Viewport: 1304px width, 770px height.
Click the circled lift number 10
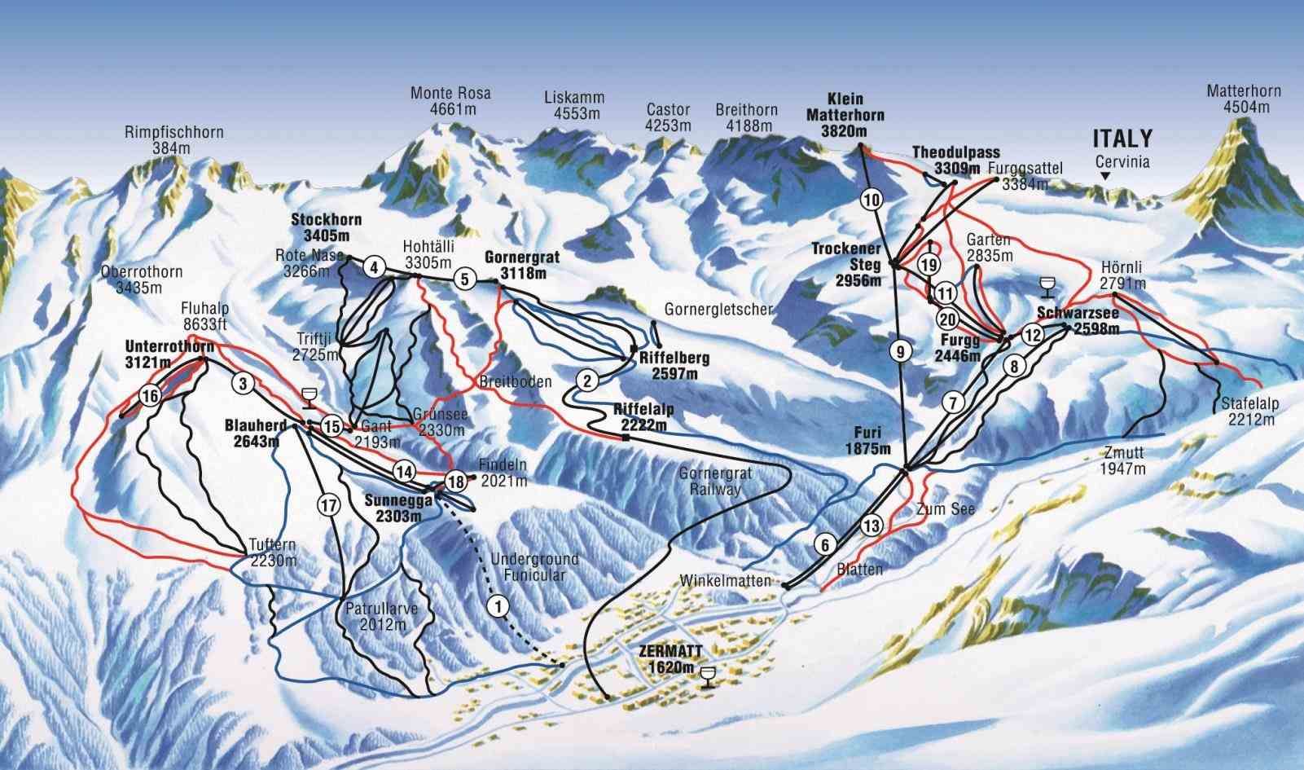(x=871, y=199)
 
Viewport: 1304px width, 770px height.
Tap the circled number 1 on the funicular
(x=498, y=605)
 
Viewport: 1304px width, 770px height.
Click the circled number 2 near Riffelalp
(x=587, y=379)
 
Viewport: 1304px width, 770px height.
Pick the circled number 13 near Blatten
(x=872, y=526)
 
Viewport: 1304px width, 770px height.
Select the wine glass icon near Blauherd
(x=310, y=398)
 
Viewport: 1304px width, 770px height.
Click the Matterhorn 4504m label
(x=1243, y=99)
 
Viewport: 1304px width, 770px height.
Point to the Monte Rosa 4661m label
(x=450, y=102)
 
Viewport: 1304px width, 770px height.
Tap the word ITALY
(x=1122, y=138)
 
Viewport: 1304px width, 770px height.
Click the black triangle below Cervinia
(x=1105, y=176)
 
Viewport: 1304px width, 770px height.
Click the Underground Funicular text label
(x=534, y=567)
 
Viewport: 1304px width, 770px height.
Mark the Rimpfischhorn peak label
(x=174, y=139)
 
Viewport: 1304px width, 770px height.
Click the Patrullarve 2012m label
(x=375, y=617)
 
